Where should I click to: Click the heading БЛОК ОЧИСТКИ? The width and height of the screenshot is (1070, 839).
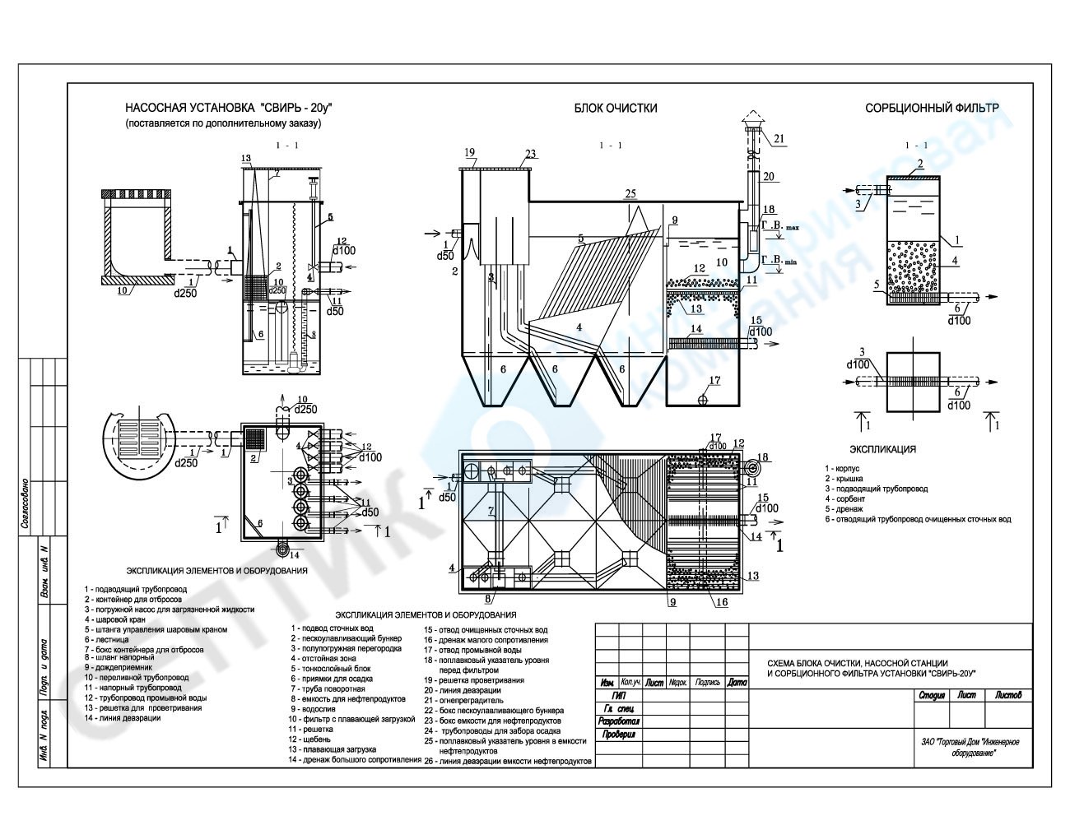pyautogui.click(x=616, y=108)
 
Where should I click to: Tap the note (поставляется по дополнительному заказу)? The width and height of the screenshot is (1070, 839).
pyautogui.click(x=222, y=123)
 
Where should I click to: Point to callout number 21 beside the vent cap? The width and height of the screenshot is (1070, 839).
pyautogui.click(x=779, y=137)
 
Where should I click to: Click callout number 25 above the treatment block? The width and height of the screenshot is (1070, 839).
pyautogui.click(x=630, y=193)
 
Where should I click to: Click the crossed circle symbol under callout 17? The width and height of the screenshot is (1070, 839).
pyautogui.click(x=703, y=400)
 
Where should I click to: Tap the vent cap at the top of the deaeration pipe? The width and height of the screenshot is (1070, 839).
pyautogui.click(x=751, y=124)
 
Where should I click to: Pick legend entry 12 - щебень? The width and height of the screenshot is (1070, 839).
pyautogui.click(x=309, y=739)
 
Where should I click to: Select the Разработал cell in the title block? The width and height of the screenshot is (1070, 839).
pyautogui.click(x=618, y=721)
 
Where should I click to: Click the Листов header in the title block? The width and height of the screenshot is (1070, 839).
pyautogui.click(x=1007, y=695)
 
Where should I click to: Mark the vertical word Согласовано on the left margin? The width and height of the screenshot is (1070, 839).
pyautogui.click(x=25, y=502)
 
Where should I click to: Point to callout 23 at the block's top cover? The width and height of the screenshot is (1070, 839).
pyautogui.click(x=530, y=153)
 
